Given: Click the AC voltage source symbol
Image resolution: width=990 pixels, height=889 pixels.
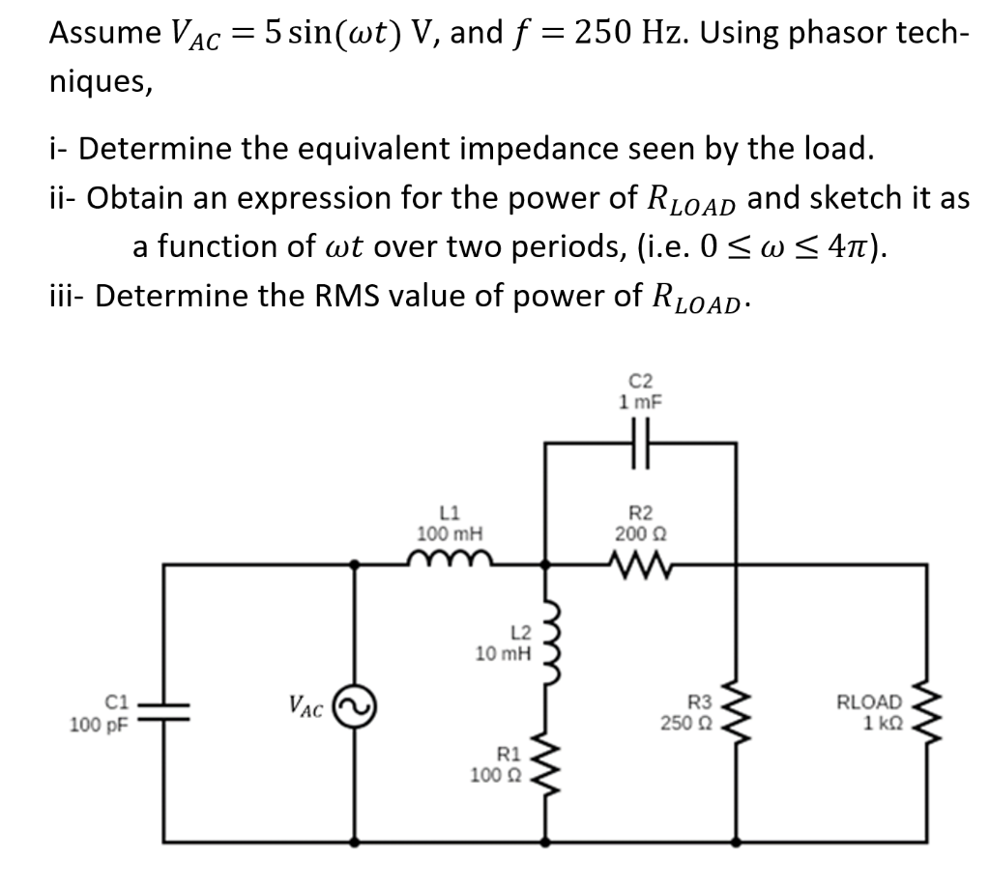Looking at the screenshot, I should [x=352, y=708].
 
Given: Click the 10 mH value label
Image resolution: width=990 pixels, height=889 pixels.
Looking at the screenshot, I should [x=503, y=654].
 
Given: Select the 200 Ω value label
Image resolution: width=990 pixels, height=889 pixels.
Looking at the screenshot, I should [x=638, y=532].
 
